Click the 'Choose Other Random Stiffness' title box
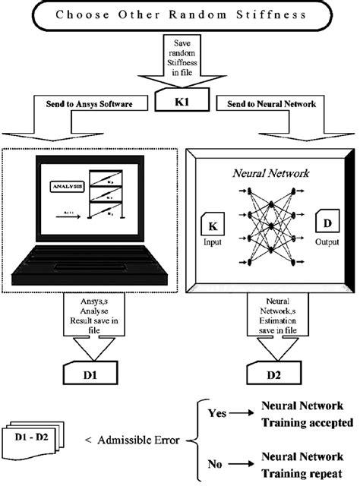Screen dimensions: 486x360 coord(180,14)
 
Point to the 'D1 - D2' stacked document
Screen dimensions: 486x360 coord(38,438)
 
